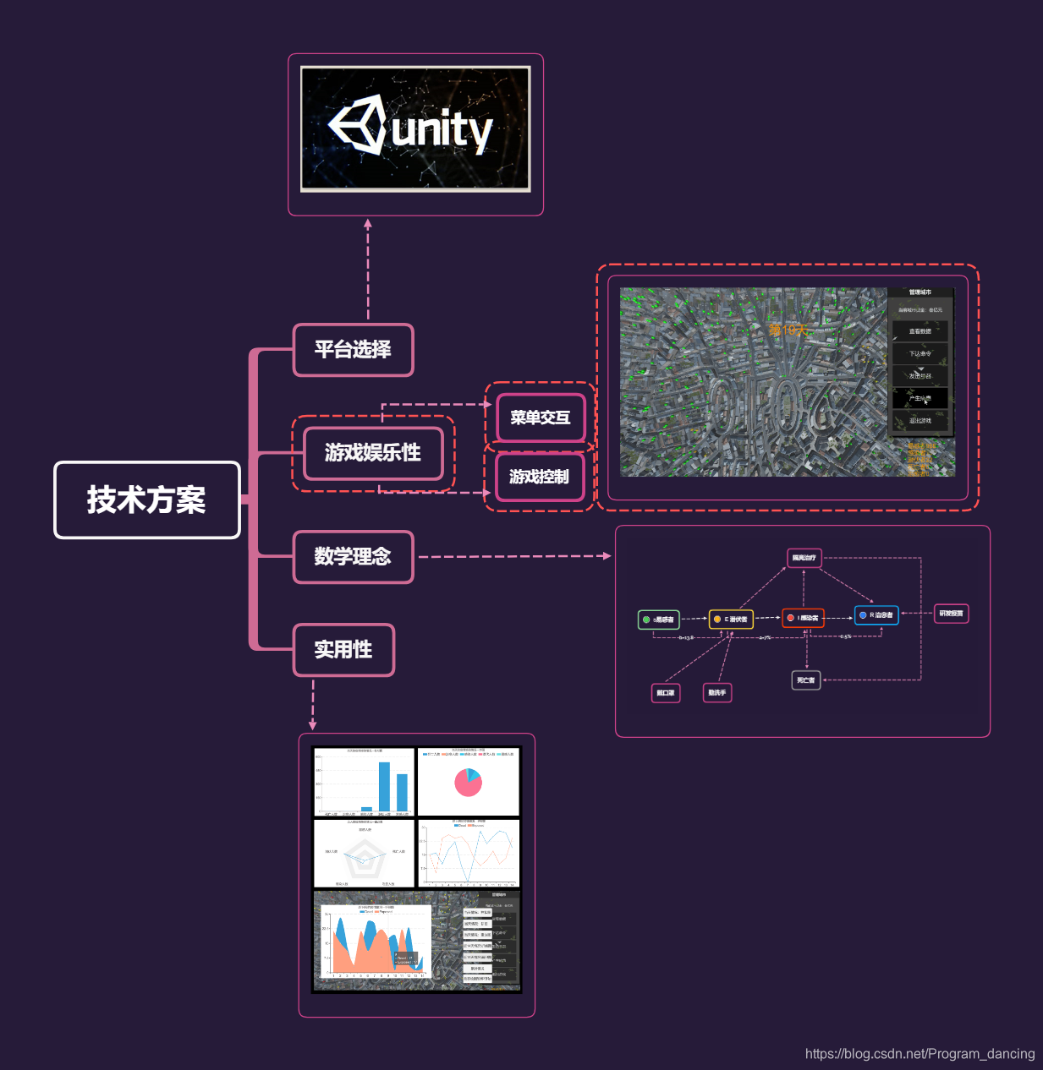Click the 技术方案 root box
tap(147, 500)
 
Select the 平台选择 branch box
tap(353, 349)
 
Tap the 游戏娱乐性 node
tap(373, 453)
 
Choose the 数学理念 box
tap(353, 556)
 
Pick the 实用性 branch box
tap(343, 649)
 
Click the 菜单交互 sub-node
tap(541, 418)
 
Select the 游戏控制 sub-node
tap(539, 477)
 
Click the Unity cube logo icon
tap(358, 125)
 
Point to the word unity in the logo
tap(442, 131)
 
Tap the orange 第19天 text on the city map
tap(788, 330)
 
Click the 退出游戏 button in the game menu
tap(920, 421)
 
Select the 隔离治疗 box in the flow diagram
tap(804, 558)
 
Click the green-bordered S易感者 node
tap(658, 620)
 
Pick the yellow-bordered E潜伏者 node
tap(731, 620)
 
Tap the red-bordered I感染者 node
tap(803, 618)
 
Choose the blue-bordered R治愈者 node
tap(876, 615)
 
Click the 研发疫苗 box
tap(951, 614)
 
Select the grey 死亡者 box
tap(806, 680)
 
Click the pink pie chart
tap(468, 783)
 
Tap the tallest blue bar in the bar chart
tap(384, 786)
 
